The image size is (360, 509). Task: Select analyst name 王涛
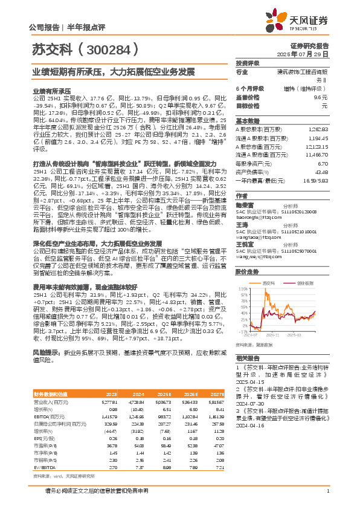[x=241, y=224]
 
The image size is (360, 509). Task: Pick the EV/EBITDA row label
[x=43, y=450]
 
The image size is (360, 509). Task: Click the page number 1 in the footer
[x=327, y=498]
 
